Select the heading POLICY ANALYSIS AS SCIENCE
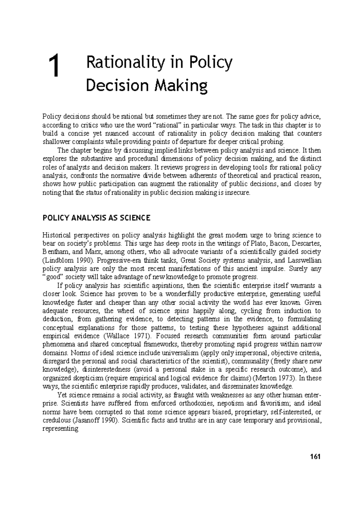(96, 218)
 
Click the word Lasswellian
(304, 260)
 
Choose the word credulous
(55, 420)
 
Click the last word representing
(60, 429)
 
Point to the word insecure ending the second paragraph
(239, 193)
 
